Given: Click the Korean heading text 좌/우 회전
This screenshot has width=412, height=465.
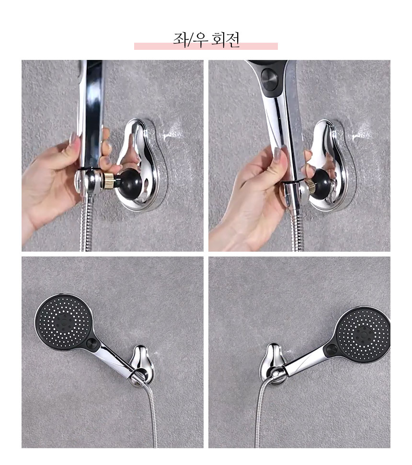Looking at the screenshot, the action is [x=206, y=40].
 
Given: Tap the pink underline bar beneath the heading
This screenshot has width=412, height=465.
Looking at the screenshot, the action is [x=206, y=46].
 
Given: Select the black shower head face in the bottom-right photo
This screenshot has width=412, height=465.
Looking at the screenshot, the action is [x=364, y=334].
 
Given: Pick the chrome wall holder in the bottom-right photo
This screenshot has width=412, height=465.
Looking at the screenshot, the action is [x=273, y=365].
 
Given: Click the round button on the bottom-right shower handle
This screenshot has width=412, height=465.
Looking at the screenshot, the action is [x=331, y=351].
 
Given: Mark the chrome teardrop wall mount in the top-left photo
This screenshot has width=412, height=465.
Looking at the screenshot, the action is [x=139, y=165].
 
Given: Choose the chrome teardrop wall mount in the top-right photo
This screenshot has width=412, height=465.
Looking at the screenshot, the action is [x=329, y=165].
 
